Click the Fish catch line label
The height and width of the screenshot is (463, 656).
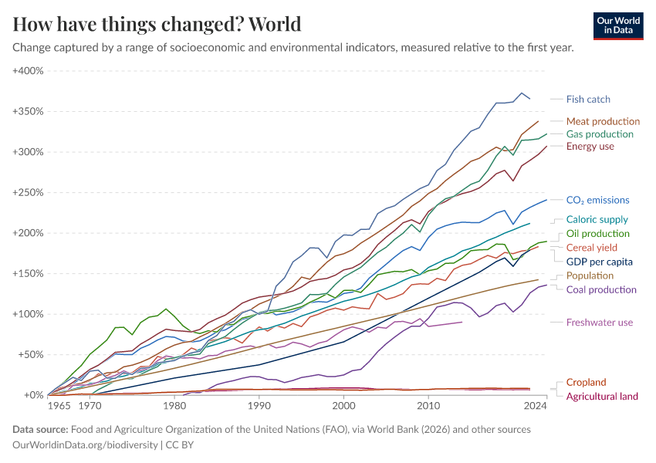[x=587, y=99]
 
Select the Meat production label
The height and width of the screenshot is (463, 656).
[x=603, y=121]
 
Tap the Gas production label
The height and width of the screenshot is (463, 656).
[x=600, y=134]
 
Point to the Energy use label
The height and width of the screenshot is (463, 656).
[x=590, y=147]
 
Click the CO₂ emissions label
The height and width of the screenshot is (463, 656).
[x=597, y=200]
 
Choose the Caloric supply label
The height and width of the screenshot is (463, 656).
[x=597, y=220]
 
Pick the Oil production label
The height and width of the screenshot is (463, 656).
[x=598, y=234]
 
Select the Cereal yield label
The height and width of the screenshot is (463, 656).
[x=590, y=248]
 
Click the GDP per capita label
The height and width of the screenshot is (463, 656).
[x=599, y=262]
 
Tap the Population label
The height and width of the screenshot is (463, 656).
[x=590, y=275]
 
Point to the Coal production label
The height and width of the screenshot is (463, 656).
[x=601, y=289]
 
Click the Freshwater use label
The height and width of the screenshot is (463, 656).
[x=599, y=322]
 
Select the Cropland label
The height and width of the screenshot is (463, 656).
[x=586, y=382]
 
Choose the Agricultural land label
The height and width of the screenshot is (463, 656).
[x=602, y=396]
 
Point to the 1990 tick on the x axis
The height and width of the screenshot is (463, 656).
[x=259, y=404]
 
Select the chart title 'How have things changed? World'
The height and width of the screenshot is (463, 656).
[x=157, y=24]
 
